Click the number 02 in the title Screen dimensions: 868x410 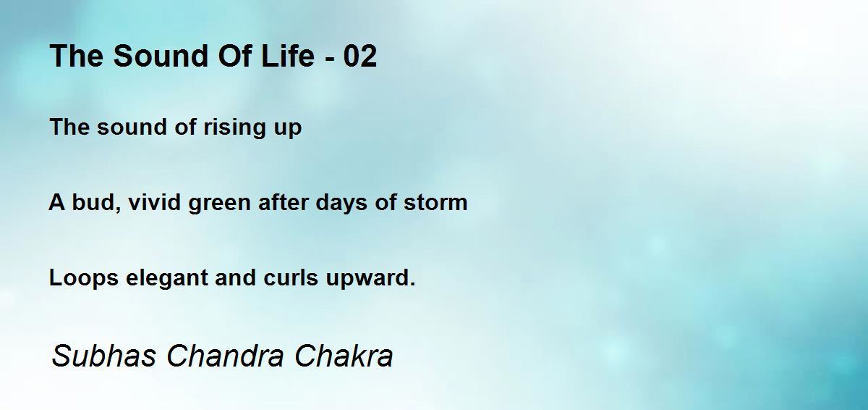pos(360,56)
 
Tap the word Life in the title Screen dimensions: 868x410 pos(288,56)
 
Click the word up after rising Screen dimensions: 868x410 pos(288,129)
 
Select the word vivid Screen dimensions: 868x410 pos(154,202)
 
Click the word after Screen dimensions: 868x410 pos(284,202)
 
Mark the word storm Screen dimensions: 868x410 pos(435,203)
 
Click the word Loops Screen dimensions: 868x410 pos(84,278)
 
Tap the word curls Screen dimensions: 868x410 pos(291,277)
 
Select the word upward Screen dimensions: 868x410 pos(370,278)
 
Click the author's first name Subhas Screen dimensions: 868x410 pos(104,356)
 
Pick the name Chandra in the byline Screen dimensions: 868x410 pos(225,356)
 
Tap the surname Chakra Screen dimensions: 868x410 pos(344,356)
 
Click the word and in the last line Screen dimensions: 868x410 pos(235,277)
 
